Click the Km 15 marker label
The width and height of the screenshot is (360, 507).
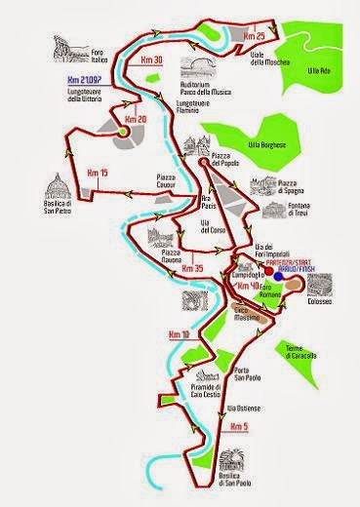click(x=98, y=173)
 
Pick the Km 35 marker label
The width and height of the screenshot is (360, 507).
click(x=193, y=267)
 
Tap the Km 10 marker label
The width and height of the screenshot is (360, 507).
click(x=179, y=334)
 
